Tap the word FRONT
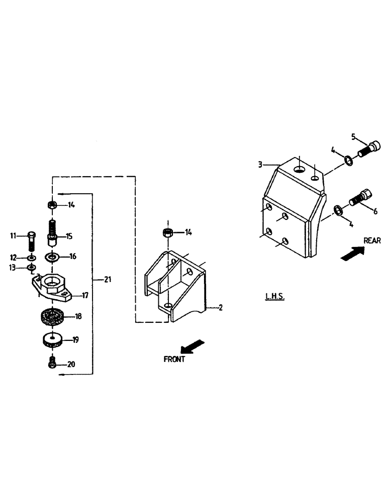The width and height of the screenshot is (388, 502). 174,359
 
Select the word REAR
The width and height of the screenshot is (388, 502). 372,240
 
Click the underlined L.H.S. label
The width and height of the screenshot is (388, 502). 275,297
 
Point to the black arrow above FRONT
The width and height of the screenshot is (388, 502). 192,346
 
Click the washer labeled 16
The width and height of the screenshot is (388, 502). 52,258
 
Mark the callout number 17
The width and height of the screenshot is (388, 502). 85,296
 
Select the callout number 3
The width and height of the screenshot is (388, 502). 260,164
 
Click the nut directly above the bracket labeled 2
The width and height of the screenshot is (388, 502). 168,232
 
